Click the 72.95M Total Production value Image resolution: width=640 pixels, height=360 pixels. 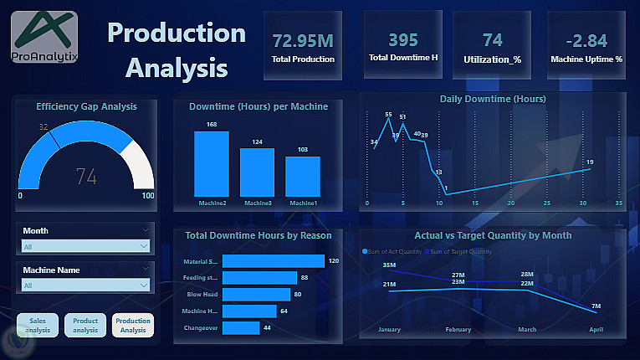[303, 40]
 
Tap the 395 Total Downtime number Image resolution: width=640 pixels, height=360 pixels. [403, 39]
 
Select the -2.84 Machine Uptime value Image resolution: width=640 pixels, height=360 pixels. [586, 40]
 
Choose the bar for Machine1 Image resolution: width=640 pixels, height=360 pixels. [302, 176]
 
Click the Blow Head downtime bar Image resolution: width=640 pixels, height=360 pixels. [256, 295]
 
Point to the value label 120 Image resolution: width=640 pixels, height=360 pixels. [333, 261]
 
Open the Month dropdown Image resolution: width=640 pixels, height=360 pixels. [86, 247]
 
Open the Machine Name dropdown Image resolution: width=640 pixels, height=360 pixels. [86, 285]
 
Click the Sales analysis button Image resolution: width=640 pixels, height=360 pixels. [37, 326]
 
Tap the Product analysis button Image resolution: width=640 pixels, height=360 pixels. [85, 326]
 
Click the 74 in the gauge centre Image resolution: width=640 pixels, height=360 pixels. [86, 177]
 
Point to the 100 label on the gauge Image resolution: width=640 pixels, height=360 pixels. [148, 196]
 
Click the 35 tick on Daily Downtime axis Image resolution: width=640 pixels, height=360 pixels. [619, 203]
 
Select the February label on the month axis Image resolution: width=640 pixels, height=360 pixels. [458, 330]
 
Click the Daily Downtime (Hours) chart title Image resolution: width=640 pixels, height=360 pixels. [493, 99]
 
